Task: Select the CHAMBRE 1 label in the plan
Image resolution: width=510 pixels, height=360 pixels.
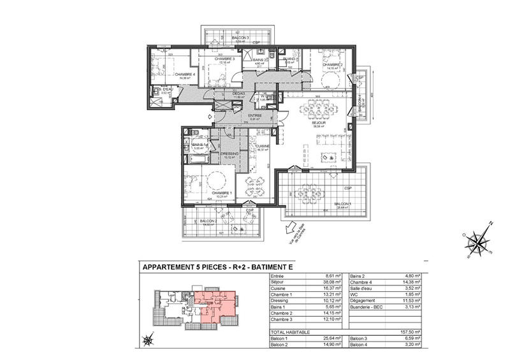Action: point(221,193)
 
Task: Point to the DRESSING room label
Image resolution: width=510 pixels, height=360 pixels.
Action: point(229,154)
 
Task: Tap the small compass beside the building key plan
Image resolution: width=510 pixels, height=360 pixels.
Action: point(149,340)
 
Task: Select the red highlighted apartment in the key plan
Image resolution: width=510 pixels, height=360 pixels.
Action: point(215,301)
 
